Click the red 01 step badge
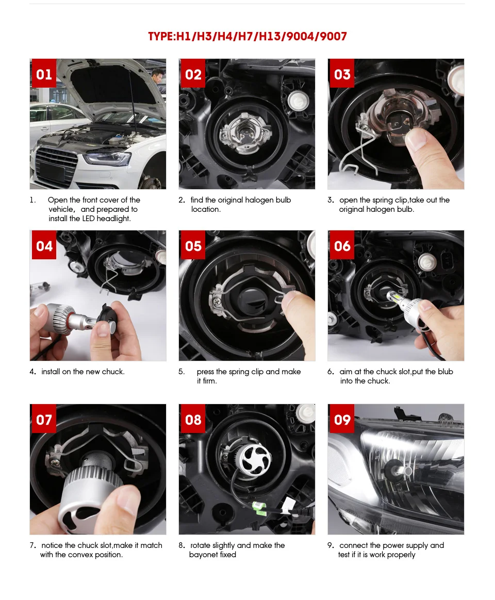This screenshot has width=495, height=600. click(44, 74)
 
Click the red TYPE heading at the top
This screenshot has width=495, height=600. click(247, 37)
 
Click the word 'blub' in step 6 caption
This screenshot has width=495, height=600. click(445, 372)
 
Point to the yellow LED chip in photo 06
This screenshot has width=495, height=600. click(392, 295)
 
